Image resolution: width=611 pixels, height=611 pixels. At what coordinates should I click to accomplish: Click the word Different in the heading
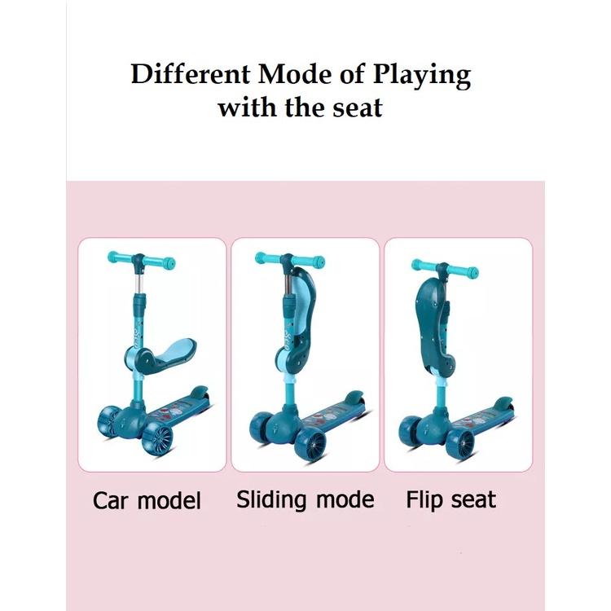(x=190, y=73)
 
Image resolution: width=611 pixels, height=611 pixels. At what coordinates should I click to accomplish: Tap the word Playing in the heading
(x=422, y=76)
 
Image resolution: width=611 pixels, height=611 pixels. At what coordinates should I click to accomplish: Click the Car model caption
(x=147, y=500)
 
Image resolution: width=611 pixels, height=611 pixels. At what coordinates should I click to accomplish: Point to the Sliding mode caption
(x=305, y=500)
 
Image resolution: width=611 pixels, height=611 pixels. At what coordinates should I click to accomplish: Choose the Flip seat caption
(x=451, y=500)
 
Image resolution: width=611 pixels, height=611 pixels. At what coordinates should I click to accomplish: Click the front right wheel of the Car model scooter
(x=157, y=439)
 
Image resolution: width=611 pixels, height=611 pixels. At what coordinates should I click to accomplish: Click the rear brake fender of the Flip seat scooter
(x=503, y=403)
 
